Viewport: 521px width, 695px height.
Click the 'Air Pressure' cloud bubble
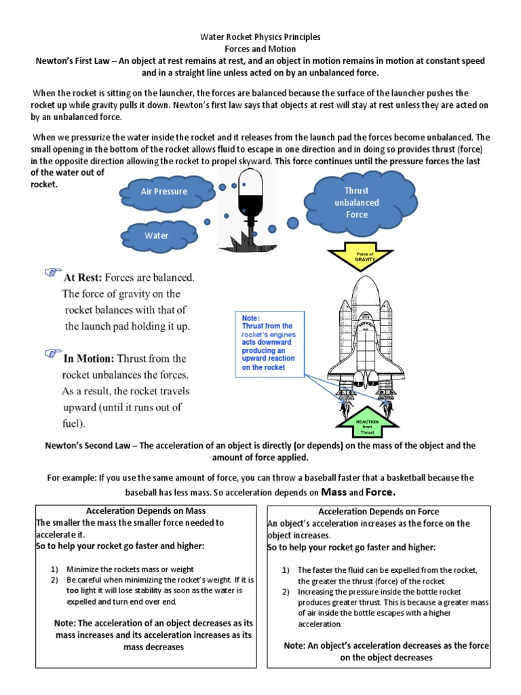point(163,191)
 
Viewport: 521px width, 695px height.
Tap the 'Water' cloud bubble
point(156,236)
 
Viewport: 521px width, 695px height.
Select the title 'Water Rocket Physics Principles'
point(260,37)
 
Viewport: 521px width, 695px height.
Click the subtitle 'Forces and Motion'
point(260,49)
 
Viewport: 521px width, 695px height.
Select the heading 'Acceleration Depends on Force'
point(379,511)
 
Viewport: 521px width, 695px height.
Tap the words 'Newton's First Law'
point(74,60)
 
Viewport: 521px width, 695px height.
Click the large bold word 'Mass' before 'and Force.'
point(334,491)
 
